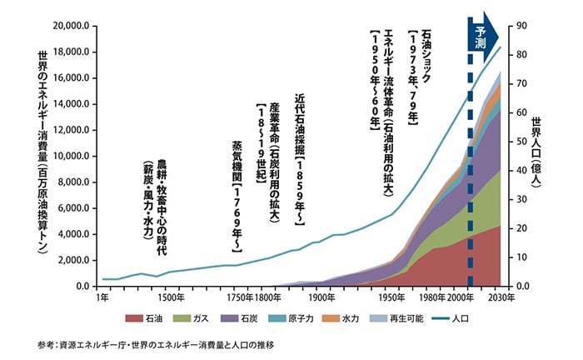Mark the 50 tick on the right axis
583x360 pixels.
pos(522,142)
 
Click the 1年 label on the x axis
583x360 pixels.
pos(102,297)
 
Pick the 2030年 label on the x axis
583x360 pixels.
pos(501,297)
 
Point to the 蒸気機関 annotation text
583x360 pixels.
pos(237,197)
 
